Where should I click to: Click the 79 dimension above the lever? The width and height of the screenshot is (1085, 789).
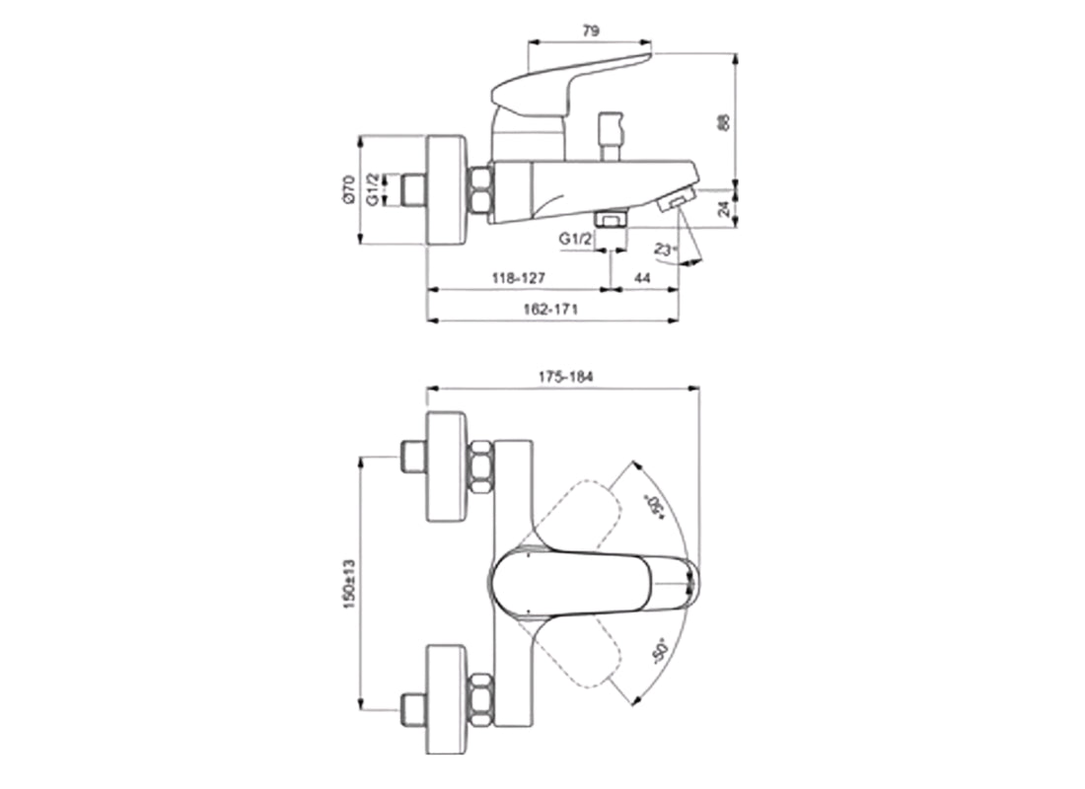[x=591, y=32]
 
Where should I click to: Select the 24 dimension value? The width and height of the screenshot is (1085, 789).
[x=723, y=209]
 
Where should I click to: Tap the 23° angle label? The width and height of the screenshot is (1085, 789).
[x=667, y=250]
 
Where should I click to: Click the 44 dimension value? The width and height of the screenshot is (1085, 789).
[x=642, y=279]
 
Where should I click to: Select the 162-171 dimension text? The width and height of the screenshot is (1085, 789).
[x=550, y=309]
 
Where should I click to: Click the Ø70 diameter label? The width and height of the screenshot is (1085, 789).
[x=348, y=188]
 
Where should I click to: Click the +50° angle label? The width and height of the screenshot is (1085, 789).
[x=652, y=504]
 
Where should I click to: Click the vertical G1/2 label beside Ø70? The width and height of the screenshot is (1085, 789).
[x=374, y=188]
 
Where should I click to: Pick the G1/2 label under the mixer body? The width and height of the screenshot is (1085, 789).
[x=576, y=240]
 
